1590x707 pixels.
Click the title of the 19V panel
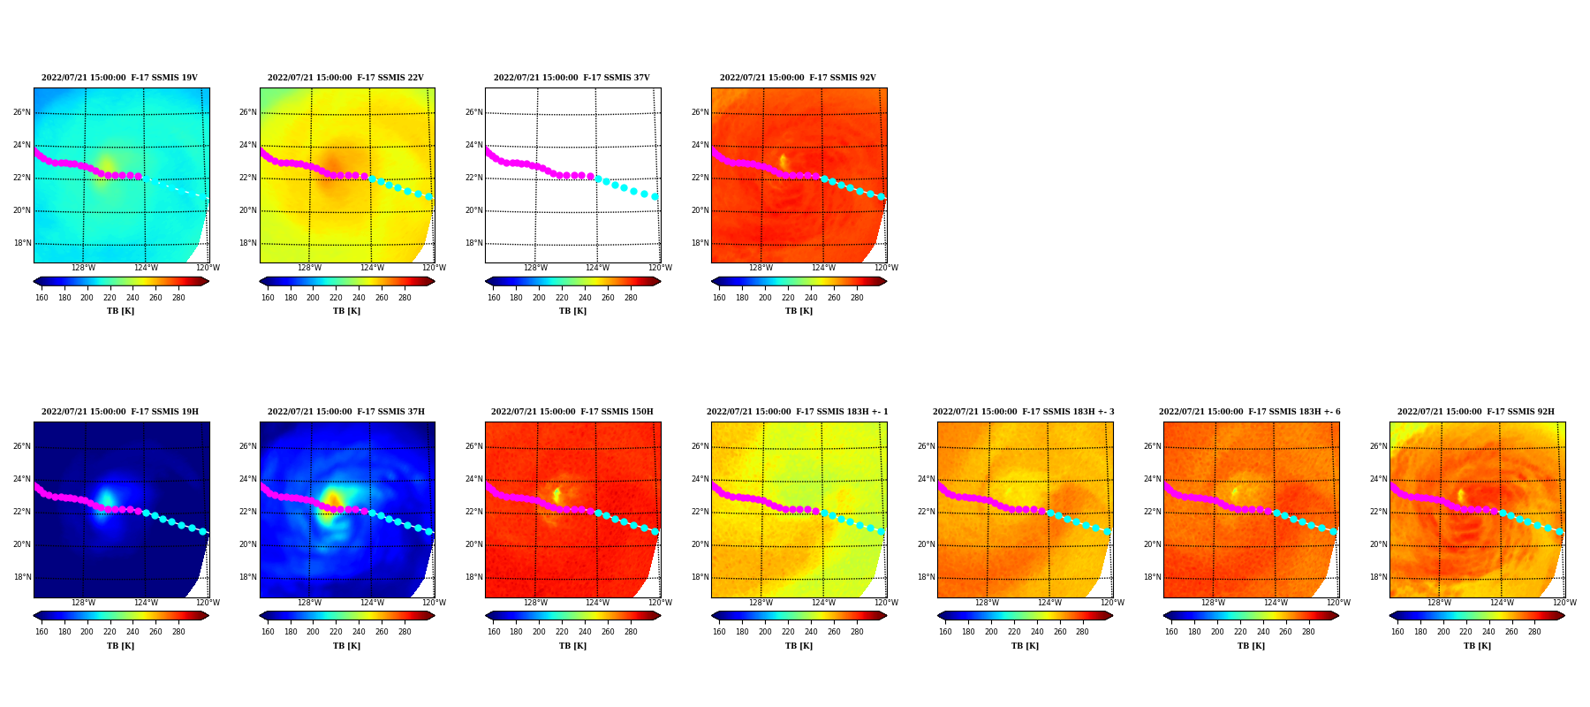point(119,78)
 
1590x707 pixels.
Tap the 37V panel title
point(572,78)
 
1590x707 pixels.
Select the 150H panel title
point(572,412)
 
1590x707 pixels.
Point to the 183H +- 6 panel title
point(1250,412)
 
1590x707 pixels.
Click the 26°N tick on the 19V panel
point(22,112)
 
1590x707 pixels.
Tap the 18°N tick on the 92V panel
point(700,243)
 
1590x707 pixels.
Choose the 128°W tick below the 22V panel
point(309,268)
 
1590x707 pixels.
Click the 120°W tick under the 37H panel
point(434,603)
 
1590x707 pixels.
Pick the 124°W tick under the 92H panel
point(1502,603)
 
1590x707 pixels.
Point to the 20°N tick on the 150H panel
point(474,544)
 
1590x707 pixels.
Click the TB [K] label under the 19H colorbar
point(121,646)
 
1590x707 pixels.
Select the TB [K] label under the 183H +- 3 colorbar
point(1025,646)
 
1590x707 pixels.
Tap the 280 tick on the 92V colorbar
point(857,298)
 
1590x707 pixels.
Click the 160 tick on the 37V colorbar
point(494,298)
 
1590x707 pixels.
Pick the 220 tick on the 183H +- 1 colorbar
point(788,632)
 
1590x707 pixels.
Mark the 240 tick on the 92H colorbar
point(1489,632)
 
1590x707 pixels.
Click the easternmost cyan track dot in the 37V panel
point(655,197)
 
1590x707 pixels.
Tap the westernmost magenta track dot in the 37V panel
point(488,151)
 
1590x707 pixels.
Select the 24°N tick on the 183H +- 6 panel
point(1152,479)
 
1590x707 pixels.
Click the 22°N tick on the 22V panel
point(248,178)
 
